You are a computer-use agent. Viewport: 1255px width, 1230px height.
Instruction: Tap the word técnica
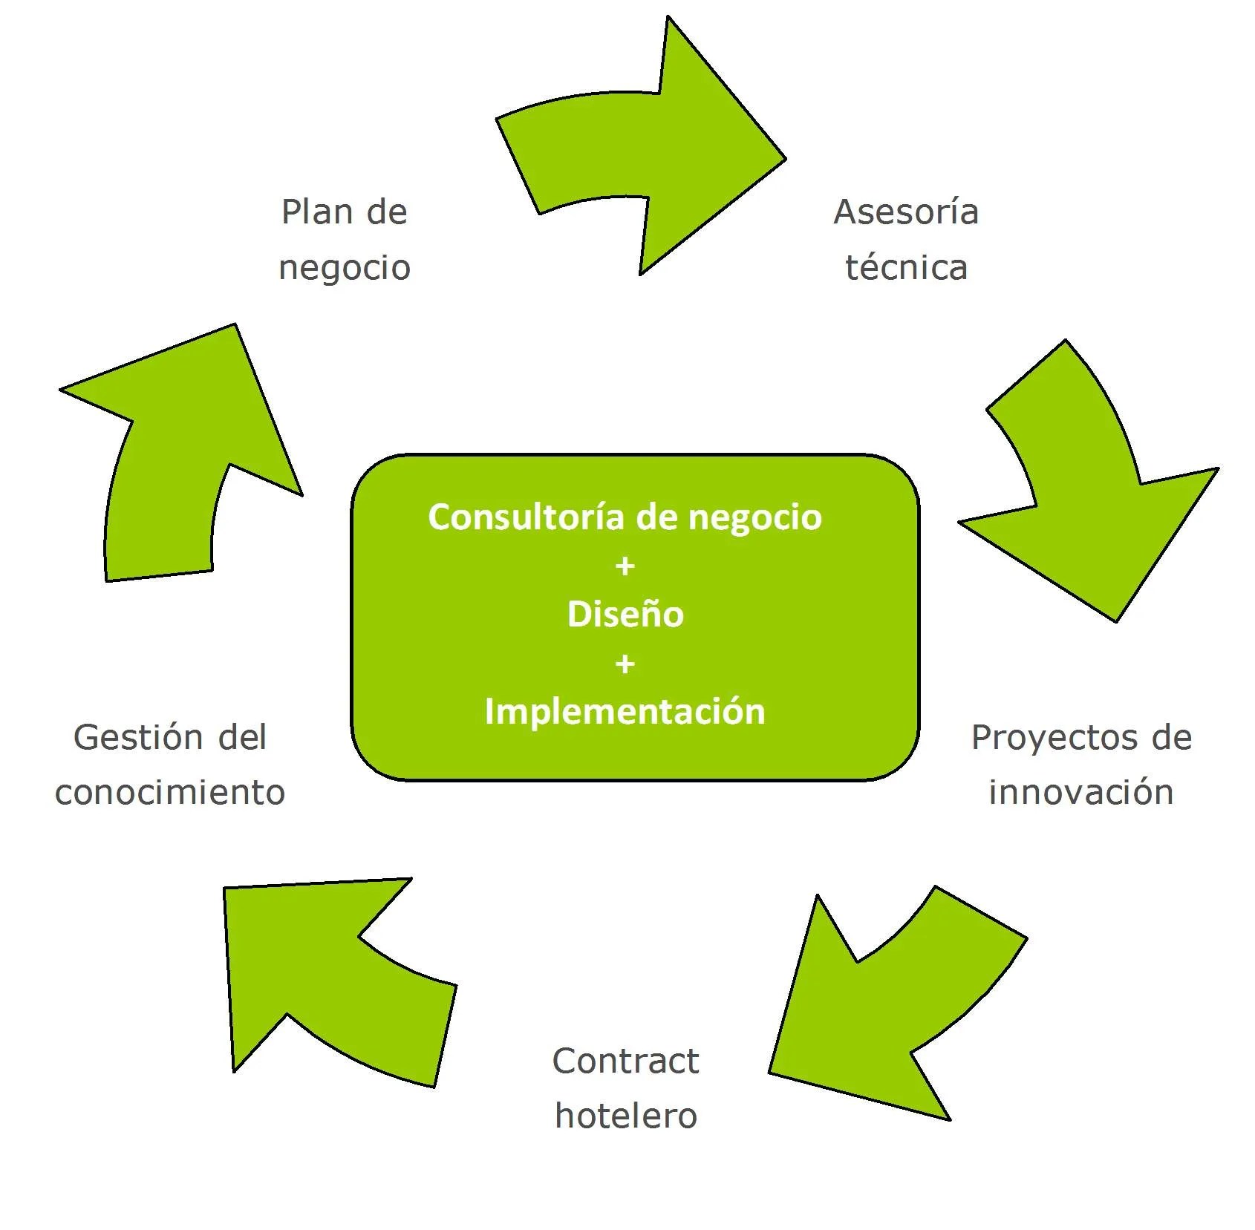click(906, 267)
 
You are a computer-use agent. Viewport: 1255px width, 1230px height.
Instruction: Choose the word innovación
click(1081, 792)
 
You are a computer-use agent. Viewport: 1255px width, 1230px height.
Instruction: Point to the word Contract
click(625, 1061)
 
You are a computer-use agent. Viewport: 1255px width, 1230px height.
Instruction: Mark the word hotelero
click(626, 1116)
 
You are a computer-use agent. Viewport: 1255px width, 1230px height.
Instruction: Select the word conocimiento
click(170, 792)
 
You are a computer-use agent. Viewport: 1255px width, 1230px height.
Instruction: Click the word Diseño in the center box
click(625, 614)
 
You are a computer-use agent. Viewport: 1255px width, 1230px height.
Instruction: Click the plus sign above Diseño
click(625, 566)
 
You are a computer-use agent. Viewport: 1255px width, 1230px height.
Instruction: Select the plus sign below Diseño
click(625, 664)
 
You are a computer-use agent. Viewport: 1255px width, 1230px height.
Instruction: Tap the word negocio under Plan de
click(345, 268)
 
